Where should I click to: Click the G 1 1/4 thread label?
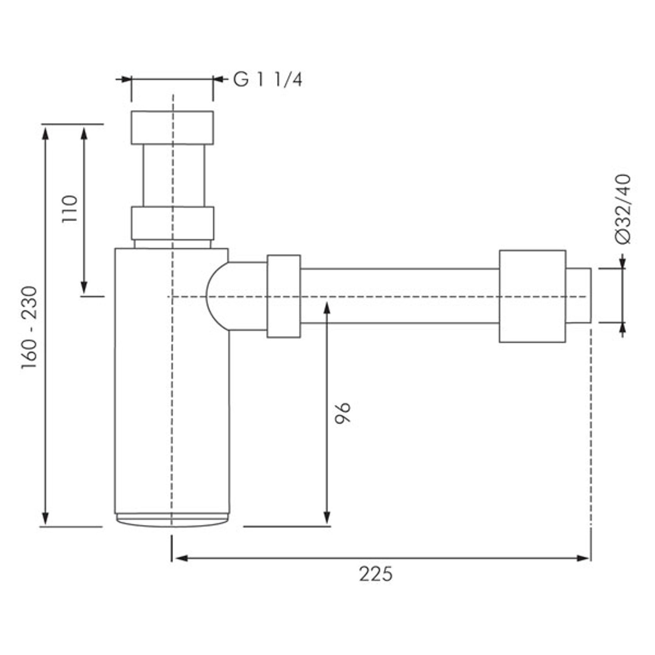click(268, 80)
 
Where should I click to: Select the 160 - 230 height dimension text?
click(29, 327)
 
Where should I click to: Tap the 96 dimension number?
click(343, 412)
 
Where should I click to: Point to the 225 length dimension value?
click(376, 574)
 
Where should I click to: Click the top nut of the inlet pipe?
click(172, 128)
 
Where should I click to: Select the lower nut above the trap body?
click(172, 223)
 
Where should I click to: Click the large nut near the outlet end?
click(532, 296)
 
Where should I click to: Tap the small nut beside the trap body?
click(284, 296)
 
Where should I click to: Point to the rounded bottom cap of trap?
click(172, 521)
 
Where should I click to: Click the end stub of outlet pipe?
click(578, 296)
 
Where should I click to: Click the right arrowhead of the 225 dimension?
click(584, 558)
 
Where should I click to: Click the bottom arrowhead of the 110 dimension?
click(84, 288)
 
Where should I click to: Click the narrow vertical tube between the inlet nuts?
click(174, 175)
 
